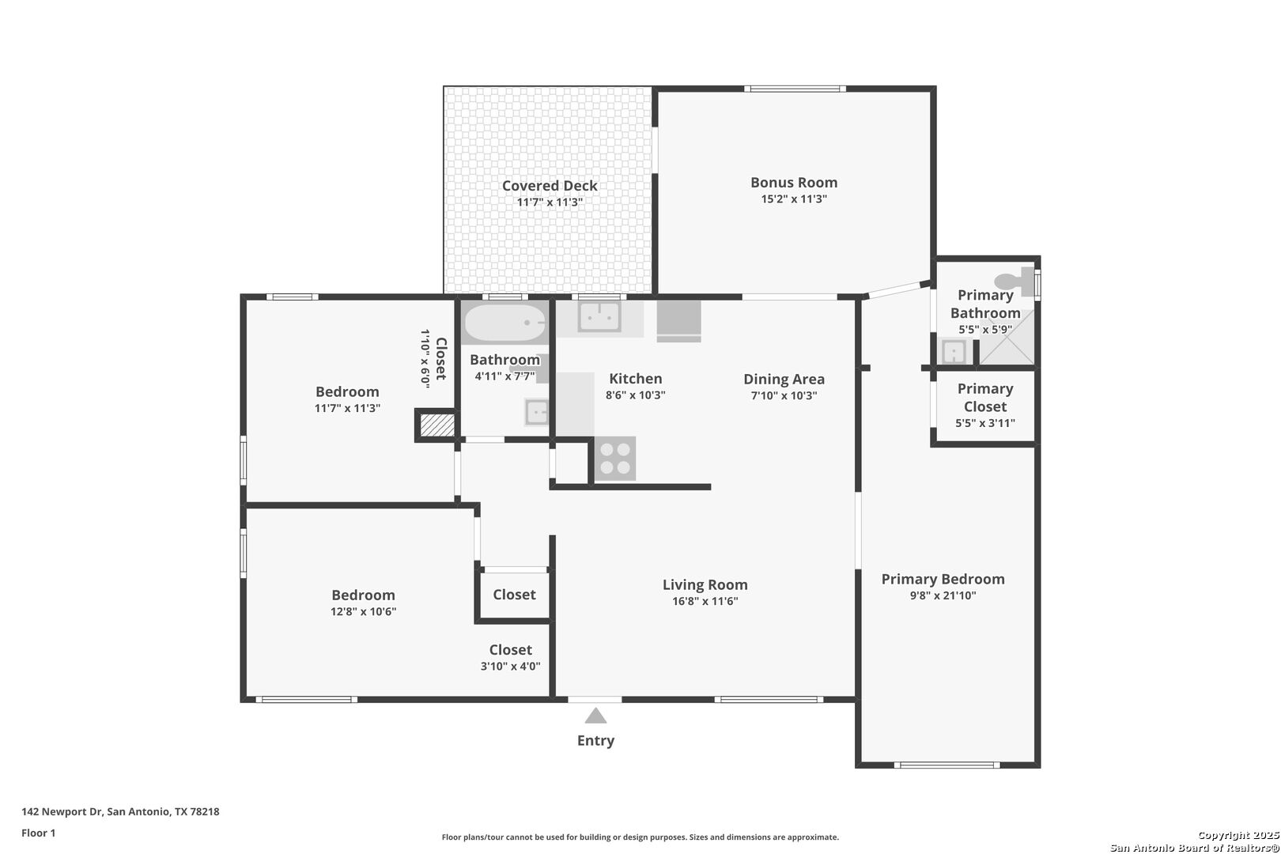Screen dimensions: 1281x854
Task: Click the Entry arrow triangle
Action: point(595,716)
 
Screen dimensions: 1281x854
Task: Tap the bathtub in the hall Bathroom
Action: point(504,323)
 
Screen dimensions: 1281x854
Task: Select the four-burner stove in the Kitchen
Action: point(615,459)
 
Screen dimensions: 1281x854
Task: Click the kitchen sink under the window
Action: point(599,316)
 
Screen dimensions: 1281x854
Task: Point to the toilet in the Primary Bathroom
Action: point(1015,282)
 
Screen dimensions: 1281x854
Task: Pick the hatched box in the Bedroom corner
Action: point(437,425)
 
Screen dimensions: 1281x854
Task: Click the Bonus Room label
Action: point(794,183)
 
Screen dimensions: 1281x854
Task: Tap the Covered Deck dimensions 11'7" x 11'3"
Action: point(550,202)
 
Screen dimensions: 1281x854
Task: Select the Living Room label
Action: point(705,584)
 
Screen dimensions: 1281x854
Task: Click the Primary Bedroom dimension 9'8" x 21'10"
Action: point(943,595)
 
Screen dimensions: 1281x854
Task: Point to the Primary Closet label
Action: point(985,398)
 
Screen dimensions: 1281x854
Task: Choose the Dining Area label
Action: point(784,380)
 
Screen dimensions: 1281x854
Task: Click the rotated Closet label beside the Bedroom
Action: point(441,359)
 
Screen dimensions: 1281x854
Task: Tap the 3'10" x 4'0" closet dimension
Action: point(510,667)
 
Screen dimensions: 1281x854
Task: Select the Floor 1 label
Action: point(38,833)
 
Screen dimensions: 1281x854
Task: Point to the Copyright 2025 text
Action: point(1238,835)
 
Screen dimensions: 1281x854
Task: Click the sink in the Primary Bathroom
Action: point(954,351)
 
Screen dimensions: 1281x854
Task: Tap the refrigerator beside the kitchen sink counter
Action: point(678,322)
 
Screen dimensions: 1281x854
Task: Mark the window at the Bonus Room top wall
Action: point(795,89)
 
